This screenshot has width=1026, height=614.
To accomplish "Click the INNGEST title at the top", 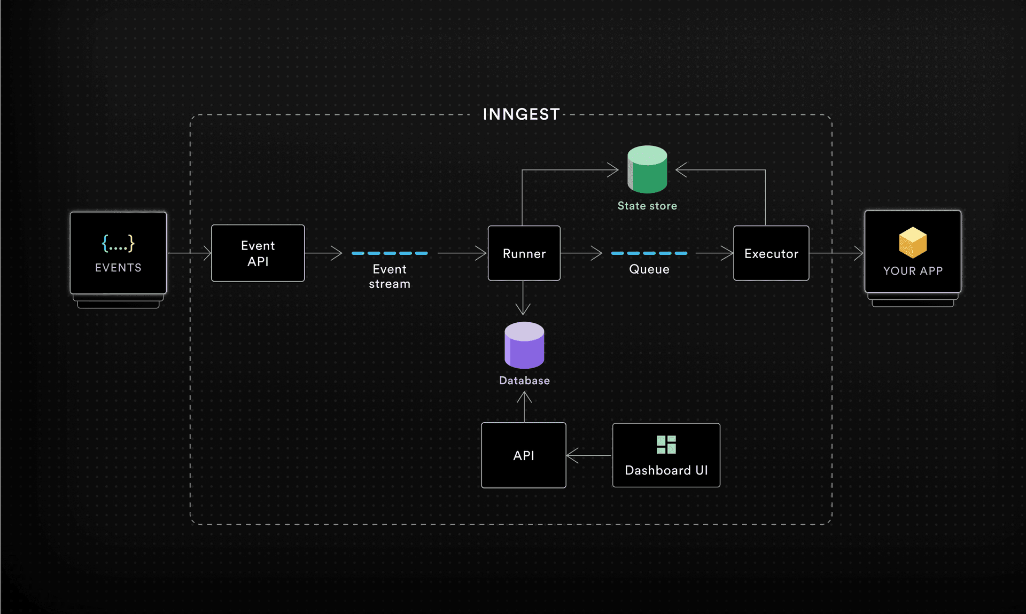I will click(x=521, y=114).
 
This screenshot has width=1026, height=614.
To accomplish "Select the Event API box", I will click(x=258, y=253).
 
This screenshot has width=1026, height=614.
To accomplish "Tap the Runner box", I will click(x=524, y=253).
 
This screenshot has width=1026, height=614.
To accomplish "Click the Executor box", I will click(x=771, y=253).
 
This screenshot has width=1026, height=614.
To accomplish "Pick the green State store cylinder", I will click(x=647, y=169).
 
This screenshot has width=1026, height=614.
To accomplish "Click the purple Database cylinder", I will click(x=524, y=345).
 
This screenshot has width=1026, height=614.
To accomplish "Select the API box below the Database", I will click(x=523, y=455).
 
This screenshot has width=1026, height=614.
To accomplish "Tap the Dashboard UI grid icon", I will click(x=666, y=445).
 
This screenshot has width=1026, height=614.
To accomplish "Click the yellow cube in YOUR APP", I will click(x=913, y=242).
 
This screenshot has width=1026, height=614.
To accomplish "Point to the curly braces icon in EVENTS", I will click(x=118, y=244).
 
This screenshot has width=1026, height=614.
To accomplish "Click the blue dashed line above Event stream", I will click(x=390, y=253).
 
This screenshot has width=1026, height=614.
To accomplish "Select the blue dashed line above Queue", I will click(x=649, y=253).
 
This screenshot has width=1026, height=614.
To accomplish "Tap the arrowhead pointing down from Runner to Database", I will click(x=523, y=309).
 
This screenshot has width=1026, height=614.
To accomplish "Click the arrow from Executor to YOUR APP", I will click(x=837, y=253).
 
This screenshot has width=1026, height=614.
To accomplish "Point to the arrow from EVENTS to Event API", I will click(x=189, y=253).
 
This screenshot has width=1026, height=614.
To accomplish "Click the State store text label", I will click(x=647, y=206).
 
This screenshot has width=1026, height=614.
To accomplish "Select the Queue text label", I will click(x=649, y=269).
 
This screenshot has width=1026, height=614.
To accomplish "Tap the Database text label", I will click(x=524, y=380).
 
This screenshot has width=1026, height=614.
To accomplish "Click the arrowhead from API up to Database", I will click(x=524, y=398).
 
